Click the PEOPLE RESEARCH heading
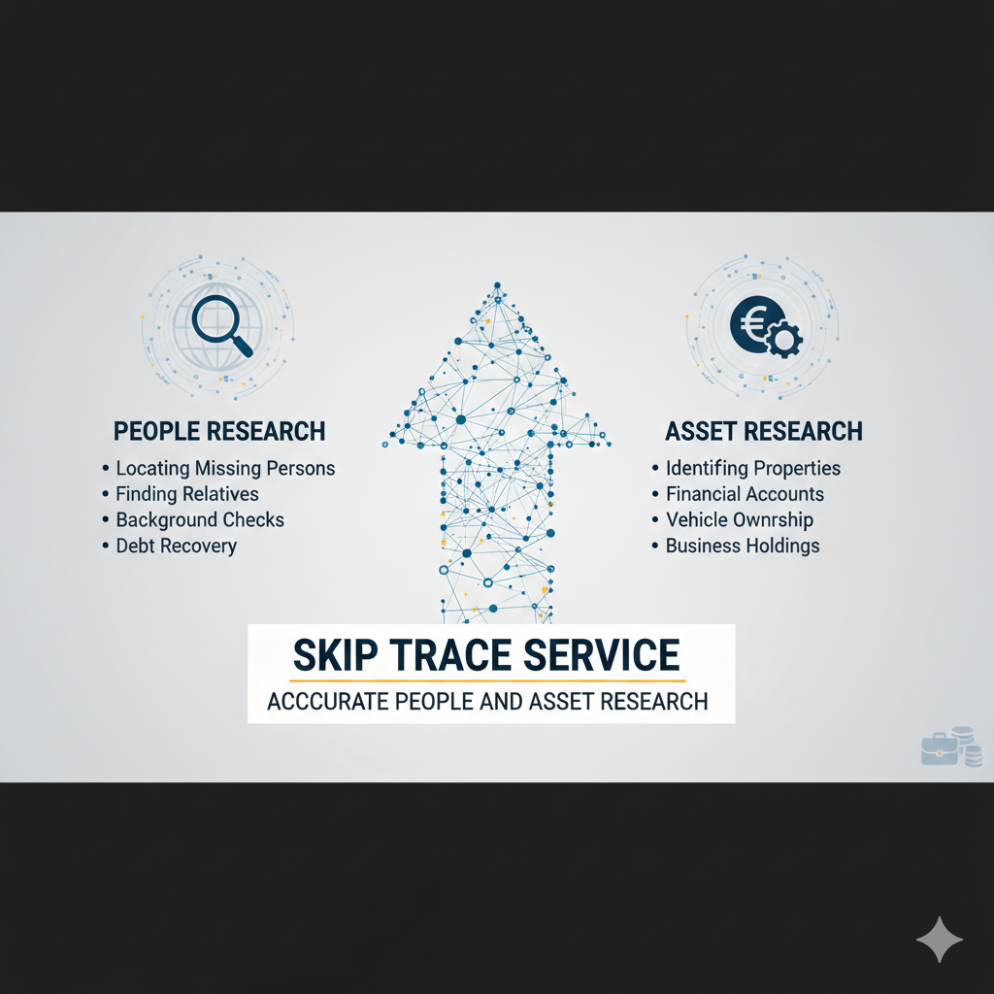tap(219, 431)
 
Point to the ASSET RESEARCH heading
tap(763, 431)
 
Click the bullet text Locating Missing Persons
tap(225, 469)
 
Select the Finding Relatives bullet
tap(187, 494)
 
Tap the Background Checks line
tap(200, 520)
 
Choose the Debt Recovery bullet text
tap(177, 546)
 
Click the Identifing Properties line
tap(753, 469)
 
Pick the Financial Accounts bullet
tap(745, 494)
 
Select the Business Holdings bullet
tap(743, 546)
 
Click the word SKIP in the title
tap(335, 655)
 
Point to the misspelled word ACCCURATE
tap(327, 702)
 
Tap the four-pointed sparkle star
tap(940, 940)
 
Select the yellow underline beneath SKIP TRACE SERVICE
tap(487, 680)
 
